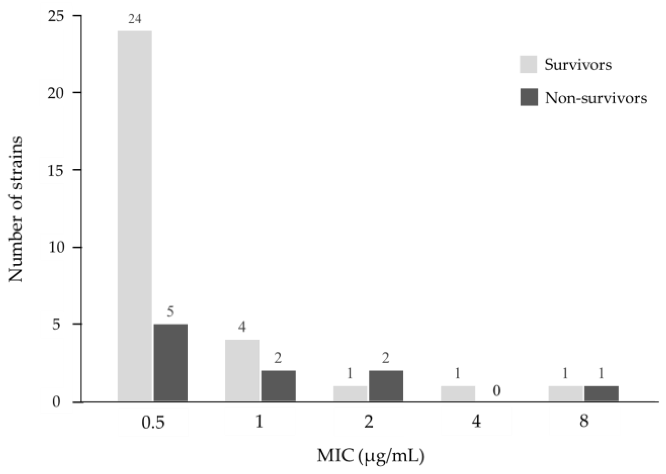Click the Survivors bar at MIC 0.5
click(x=135, y=216)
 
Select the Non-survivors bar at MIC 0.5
click(x=170, y=362)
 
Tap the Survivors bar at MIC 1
click(x=242, y=370)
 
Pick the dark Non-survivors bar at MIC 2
click(x=386, y=386)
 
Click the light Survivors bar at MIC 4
click(x=457, y=393)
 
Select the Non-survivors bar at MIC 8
click(x=601, y=393)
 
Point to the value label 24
click(x=135, y=19)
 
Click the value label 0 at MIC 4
click(x=496, y=391)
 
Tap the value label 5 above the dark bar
click(x=170, y=312)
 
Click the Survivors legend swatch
click(x=528, y=64)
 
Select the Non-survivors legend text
click(x=596, y=98)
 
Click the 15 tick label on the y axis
click(x=56, y=170)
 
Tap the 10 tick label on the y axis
click(x=56, y=248)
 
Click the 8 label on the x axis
click(x=584, y=421)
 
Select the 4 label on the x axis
click(x=476, y=421)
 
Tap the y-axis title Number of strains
click(x=15, y=209)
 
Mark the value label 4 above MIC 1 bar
click(x=242, y=327)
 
